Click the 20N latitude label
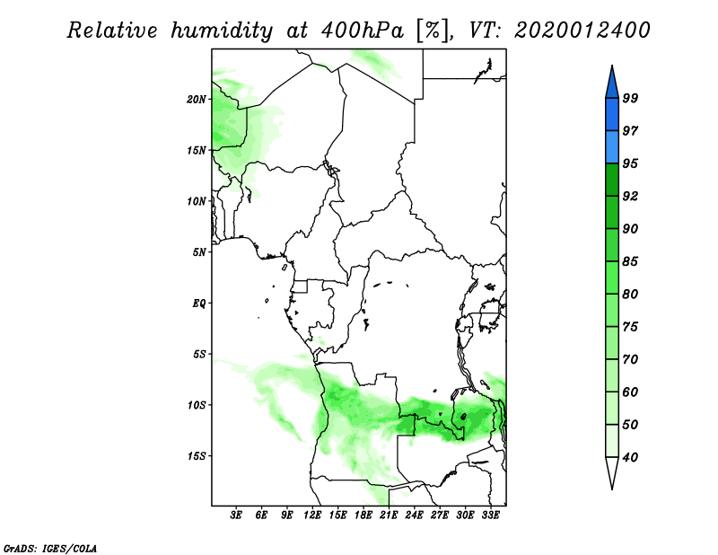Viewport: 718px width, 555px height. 197,100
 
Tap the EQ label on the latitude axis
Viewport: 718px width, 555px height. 199,304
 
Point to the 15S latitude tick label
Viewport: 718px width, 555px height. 197,456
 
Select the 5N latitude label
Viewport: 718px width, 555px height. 199,252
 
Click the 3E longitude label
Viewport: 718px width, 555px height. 236,515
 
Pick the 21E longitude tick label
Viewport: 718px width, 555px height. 389,515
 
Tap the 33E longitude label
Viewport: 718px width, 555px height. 490,515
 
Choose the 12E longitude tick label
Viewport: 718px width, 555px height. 312,515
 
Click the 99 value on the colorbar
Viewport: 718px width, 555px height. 630,99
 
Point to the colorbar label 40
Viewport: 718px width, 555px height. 630,457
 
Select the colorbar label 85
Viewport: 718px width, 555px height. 630,261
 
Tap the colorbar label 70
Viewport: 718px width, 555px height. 630,359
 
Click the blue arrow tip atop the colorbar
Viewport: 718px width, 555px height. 612,66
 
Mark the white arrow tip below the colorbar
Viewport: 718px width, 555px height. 612,489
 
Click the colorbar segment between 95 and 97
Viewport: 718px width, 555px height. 612,147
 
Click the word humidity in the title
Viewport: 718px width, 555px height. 222,31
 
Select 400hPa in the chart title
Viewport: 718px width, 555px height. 363,31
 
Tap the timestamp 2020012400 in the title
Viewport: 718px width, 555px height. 582,31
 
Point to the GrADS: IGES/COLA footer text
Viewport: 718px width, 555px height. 50,549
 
